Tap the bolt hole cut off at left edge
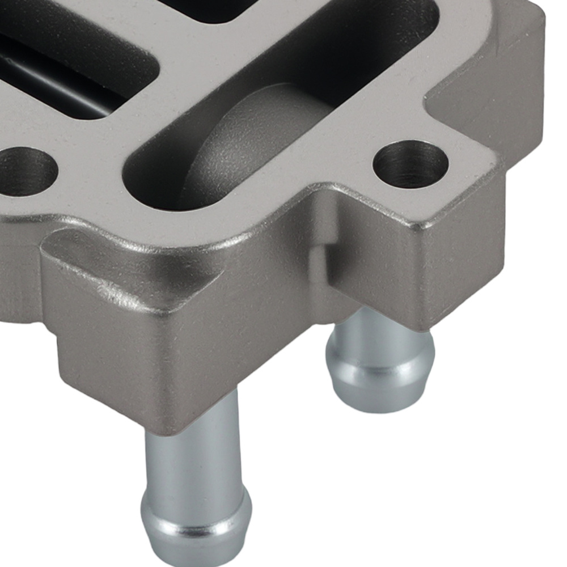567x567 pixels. point(26,171)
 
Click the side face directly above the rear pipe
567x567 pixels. point(374,283)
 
